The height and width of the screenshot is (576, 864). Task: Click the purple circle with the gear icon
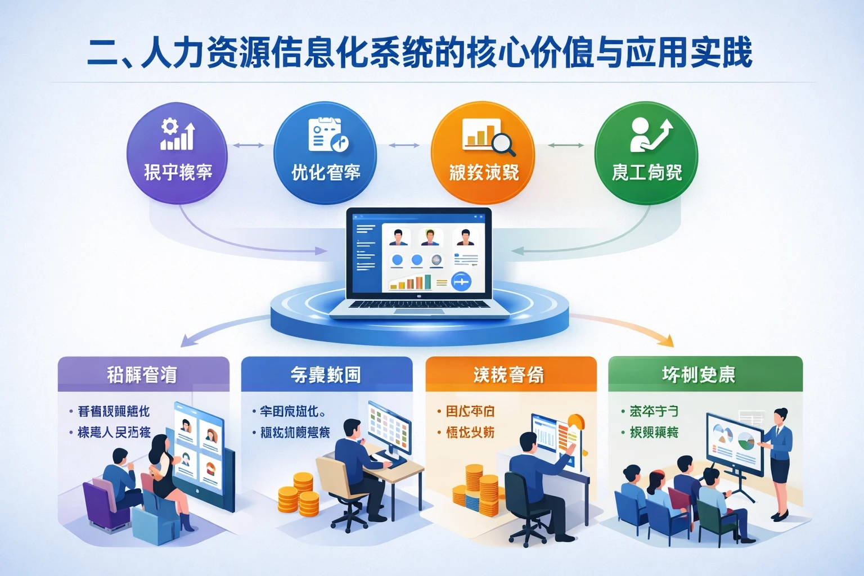[177, 153]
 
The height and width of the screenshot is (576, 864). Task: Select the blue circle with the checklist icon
[325, 153]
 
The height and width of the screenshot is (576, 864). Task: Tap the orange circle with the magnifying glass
[483, 153]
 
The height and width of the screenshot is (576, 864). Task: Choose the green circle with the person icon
[646, 153]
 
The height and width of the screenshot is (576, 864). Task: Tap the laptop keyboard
[419, 305]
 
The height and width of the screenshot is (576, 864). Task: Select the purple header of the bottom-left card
[143, 374]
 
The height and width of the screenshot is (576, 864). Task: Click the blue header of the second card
[326, 374]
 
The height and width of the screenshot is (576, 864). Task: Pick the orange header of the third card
[510, 374]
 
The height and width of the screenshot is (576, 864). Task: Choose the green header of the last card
[705, 374]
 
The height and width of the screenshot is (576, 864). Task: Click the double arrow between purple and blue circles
[249, 145]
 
